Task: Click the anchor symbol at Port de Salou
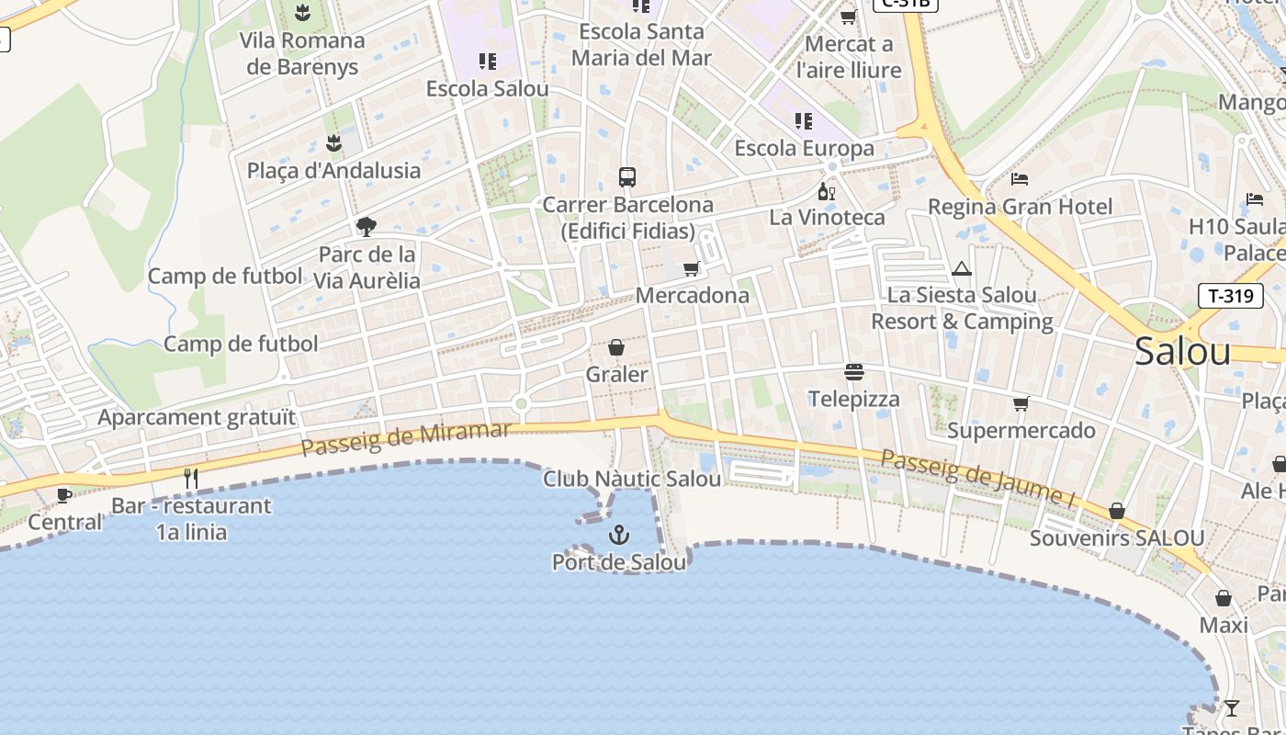pyautogui.click(x=619, y=535)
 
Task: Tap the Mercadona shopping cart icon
pyautogui.click(x=691, y=268)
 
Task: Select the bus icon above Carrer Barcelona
pyautogui.click(x=627, y=176)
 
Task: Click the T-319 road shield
pyautogui.click(x=1231, y=296)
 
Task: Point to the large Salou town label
pyautogui.click(x=1182, y=351)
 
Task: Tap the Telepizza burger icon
pyautogui.click(x=854, y=372)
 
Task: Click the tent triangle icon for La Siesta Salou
pyautogui.click(x=962, y=268)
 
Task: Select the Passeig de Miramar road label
pyautogui.click(x=405, y=438)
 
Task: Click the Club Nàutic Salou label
pyautogui.click(x=632, y=479)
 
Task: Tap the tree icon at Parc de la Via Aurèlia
pyautogui.click(x=366, y=226)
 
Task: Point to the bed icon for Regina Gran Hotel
pyautogui.click(x=1019, y=178)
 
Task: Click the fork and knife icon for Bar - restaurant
pyautogui.click(x=191, y=478)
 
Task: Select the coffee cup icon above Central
pyautogui.click(x=64, y=495)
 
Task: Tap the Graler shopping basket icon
pyautogui.click(x=616, y=347)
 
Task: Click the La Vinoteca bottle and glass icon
pyautogui.click(x=827, y=191)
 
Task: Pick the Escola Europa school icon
pyautogui.click(x=804, y=120)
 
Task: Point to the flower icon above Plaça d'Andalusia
pyautogui.click(x=333, y=142)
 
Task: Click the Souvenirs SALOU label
pyautogui.click(x=1116, y=538)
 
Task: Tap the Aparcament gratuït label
pyautogui.click(x=197, y=417)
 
